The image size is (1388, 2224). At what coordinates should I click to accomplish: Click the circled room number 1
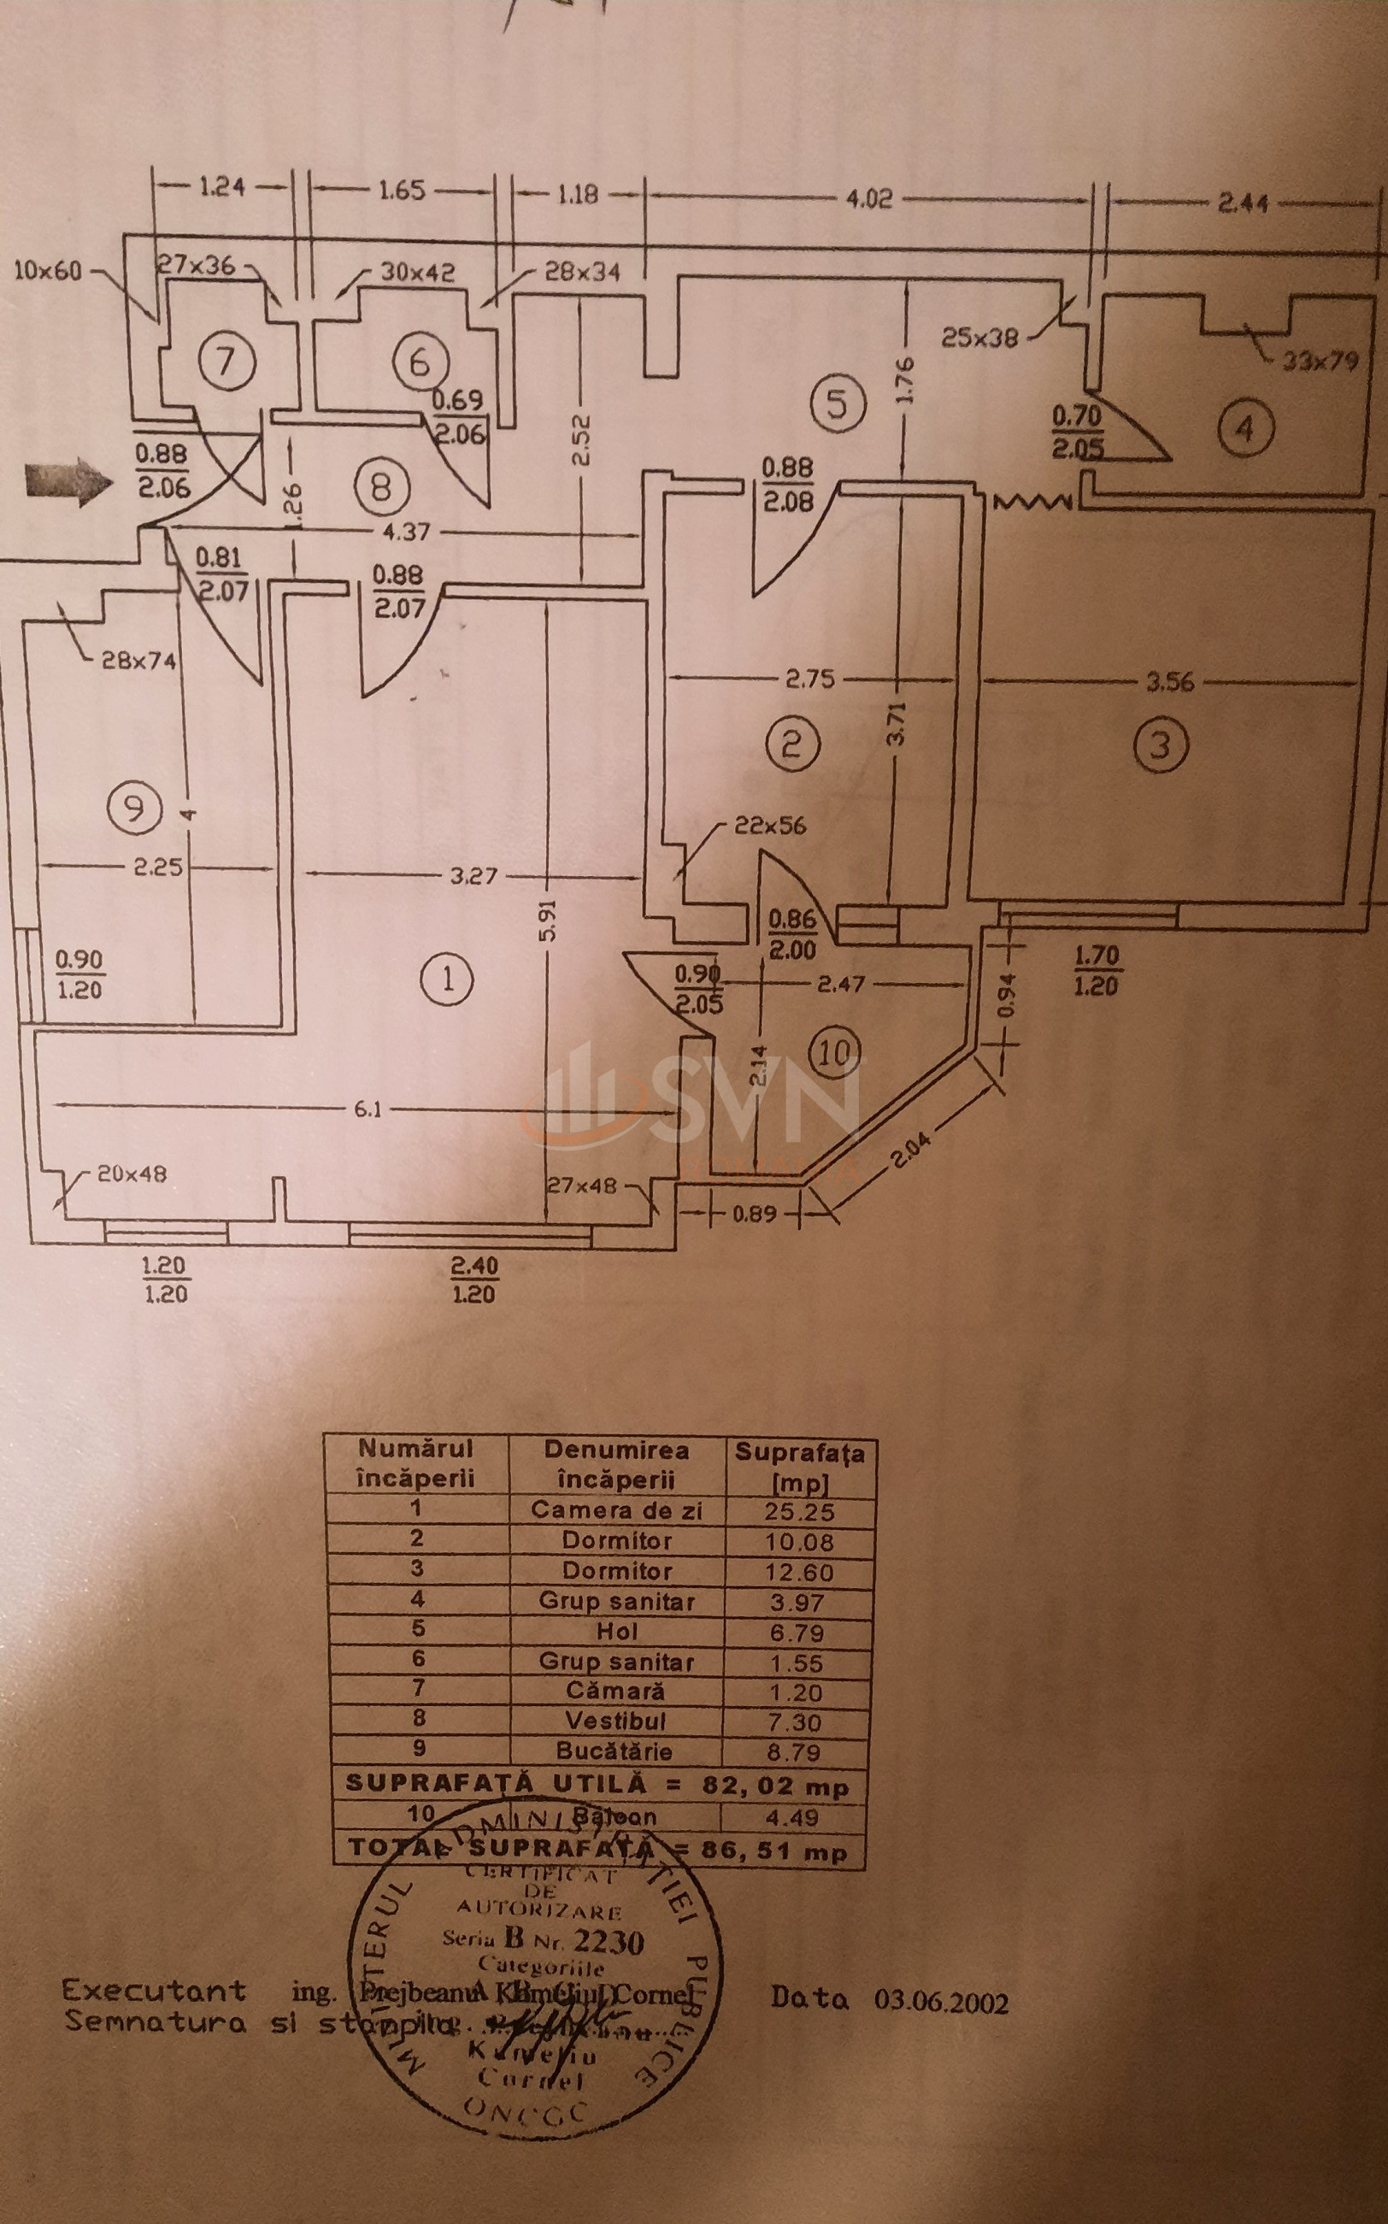point(447,980)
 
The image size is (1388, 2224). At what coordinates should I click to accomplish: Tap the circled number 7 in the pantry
point(226,361)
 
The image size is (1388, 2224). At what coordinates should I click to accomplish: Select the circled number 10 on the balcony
point(835,1052)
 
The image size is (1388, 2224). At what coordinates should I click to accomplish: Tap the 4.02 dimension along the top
point(868,198)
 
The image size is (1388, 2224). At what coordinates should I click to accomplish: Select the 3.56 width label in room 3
point(1169,682)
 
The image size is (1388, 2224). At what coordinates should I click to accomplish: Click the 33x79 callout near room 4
point(1319,360)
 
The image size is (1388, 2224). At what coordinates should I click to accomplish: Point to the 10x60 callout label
point(48,271)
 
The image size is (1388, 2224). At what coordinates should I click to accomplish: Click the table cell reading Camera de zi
point(616,1510)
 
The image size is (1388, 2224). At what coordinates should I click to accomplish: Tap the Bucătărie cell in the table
point(615,1750)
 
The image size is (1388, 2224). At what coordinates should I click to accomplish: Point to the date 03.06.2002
point(941,2001)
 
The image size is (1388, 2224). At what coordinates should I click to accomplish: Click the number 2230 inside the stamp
point(609,1941)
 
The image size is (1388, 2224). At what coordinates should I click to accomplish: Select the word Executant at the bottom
point(154,1990)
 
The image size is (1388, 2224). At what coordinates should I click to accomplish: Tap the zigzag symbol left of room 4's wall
point(1032,502)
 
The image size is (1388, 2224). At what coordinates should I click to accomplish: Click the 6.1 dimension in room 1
point(368,1109)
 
